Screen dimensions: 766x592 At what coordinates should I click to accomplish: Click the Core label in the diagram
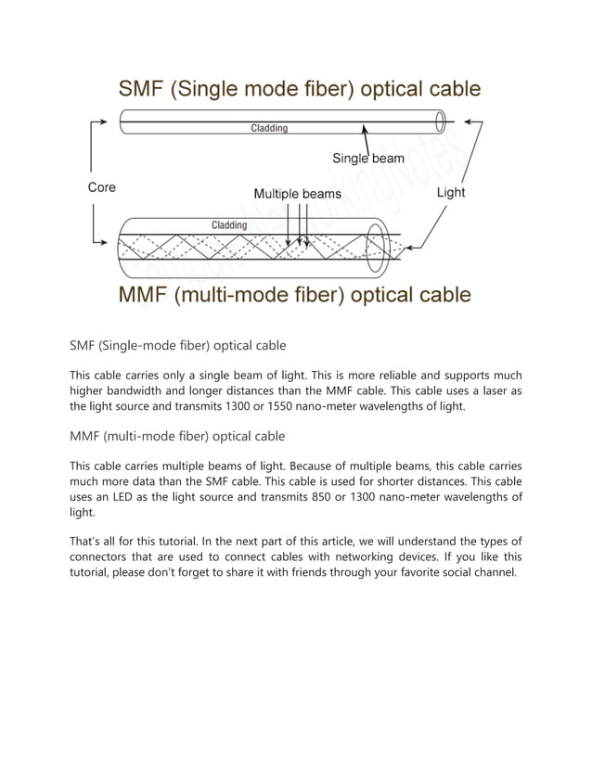click(102, 187)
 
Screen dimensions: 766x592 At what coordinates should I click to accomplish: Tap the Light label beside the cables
click(451, 193)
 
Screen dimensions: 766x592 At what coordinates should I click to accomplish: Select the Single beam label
click(368, 159)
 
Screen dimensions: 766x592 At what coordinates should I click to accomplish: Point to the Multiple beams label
click(297, 195)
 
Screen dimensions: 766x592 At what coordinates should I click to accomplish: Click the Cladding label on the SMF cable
click(269, 128)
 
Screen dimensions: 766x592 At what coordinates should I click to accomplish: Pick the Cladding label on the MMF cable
click(229, 225)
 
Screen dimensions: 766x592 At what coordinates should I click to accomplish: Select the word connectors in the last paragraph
click(108, 556)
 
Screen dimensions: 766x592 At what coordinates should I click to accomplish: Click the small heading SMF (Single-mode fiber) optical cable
click(178, 346)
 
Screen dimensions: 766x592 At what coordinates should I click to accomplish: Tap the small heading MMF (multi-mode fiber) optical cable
click(178, 436)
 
